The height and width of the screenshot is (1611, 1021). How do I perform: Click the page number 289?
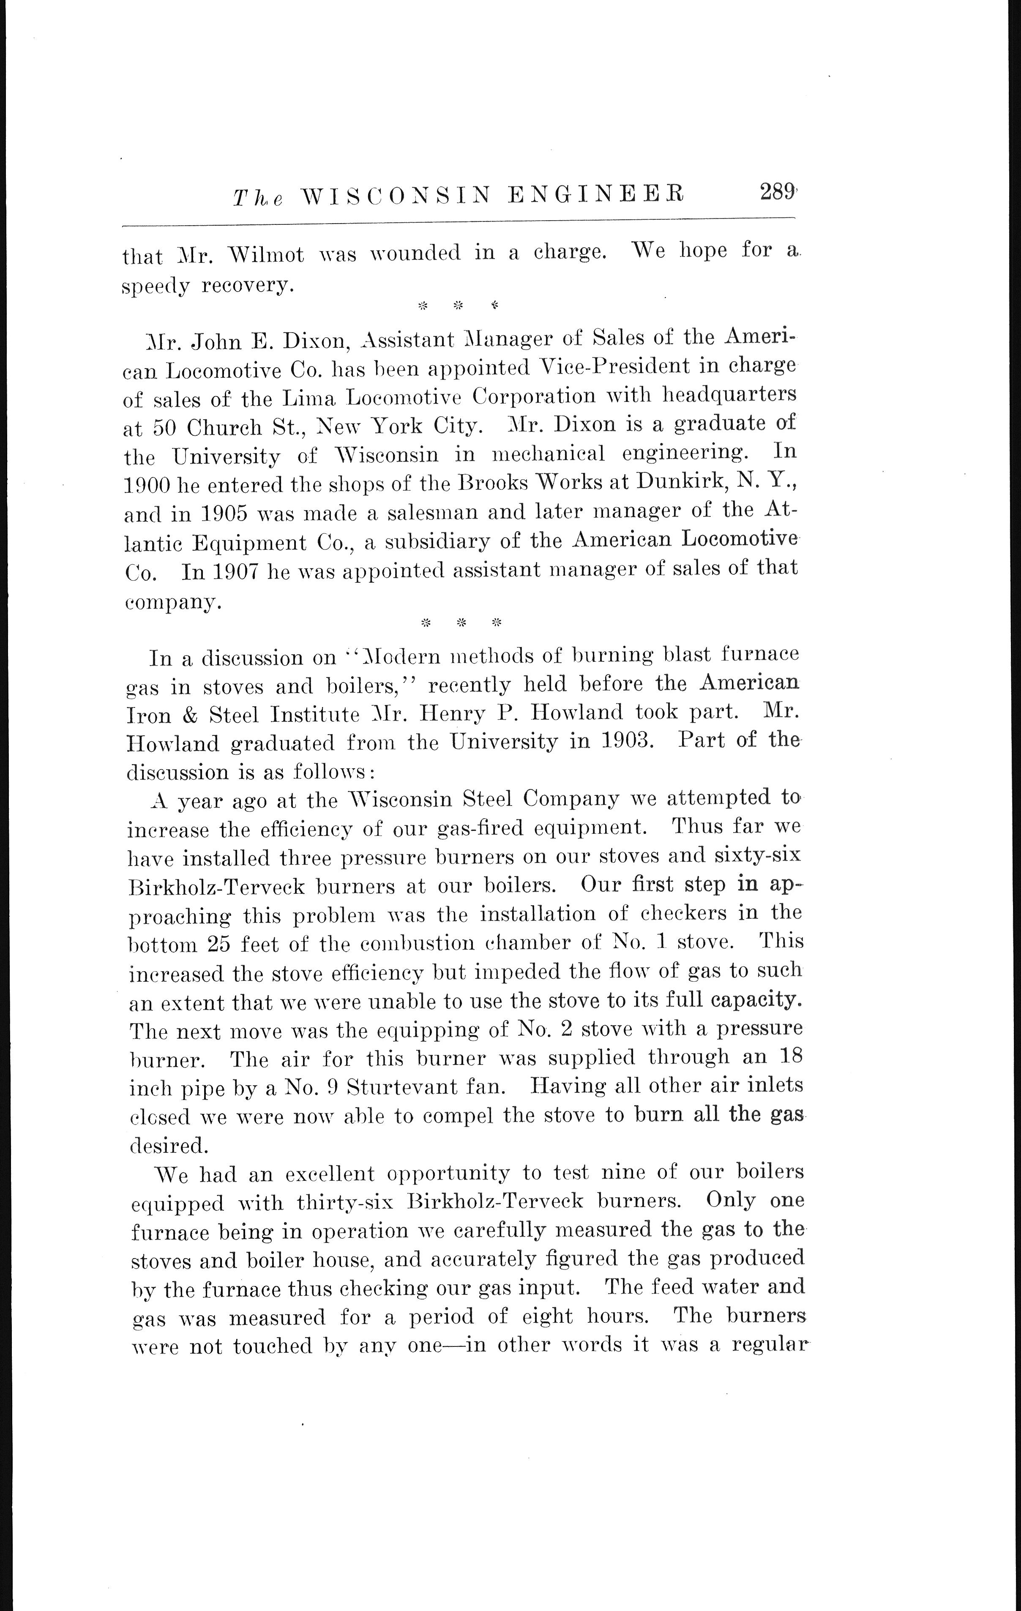pos(776,194)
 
